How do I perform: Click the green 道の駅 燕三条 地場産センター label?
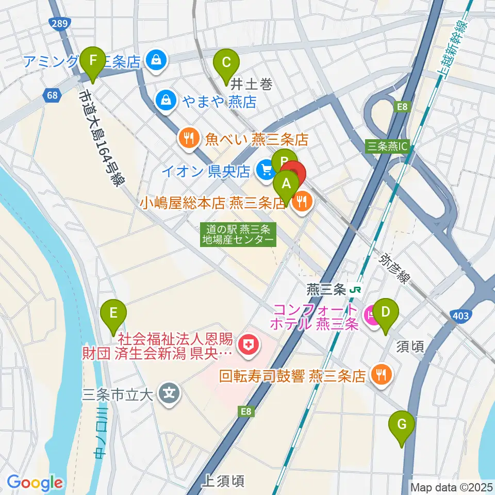pyautogui.click(x=238, y=235)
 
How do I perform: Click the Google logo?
pyautogui.click(x=34, y=483)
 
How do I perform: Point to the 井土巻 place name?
pyautogui.click(x=251, y=84)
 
